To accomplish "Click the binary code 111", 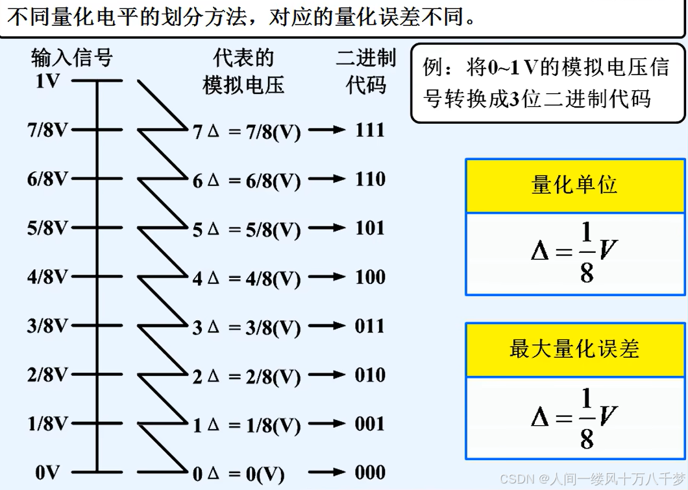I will [370, 130].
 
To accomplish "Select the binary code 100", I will [370, 277].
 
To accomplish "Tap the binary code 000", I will [370, 473].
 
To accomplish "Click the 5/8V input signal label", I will [47, 228].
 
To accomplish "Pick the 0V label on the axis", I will [47, 473].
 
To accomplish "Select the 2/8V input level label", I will [47, 375].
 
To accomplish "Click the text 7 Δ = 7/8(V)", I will [247, 132].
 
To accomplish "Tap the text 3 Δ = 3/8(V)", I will [247, 328].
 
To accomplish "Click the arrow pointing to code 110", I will [326, 179].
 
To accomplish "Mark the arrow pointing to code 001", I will [326, 424].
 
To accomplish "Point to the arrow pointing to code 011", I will [326, 326].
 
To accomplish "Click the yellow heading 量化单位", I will [575, 186].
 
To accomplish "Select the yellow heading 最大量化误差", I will [575, 349].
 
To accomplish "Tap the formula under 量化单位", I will [575, 254].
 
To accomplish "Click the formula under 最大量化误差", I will [575, 418].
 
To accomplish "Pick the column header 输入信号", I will [72, 58].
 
